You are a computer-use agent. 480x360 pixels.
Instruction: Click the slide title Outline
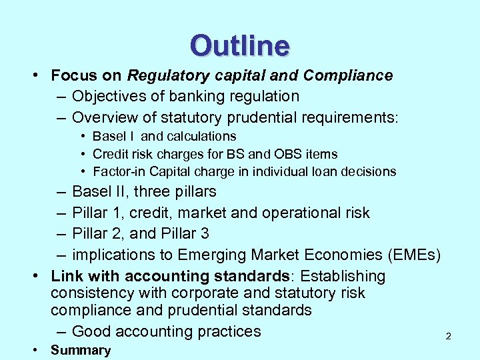pyautogui.click(x=240, y=46)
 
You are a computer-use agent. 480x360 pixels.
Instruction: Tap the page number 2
pyautogui.click(x=448, y=337)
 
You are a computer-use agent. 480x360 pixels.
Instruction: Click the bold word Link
pyautogui.click(x=65, y=276)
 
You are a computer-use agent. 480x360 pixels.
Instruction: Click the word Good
pyautogui.click(x=93, y=331)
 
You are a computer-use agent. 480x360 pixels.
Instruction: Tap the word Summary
pyautogui.click(x=81, y=351)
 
